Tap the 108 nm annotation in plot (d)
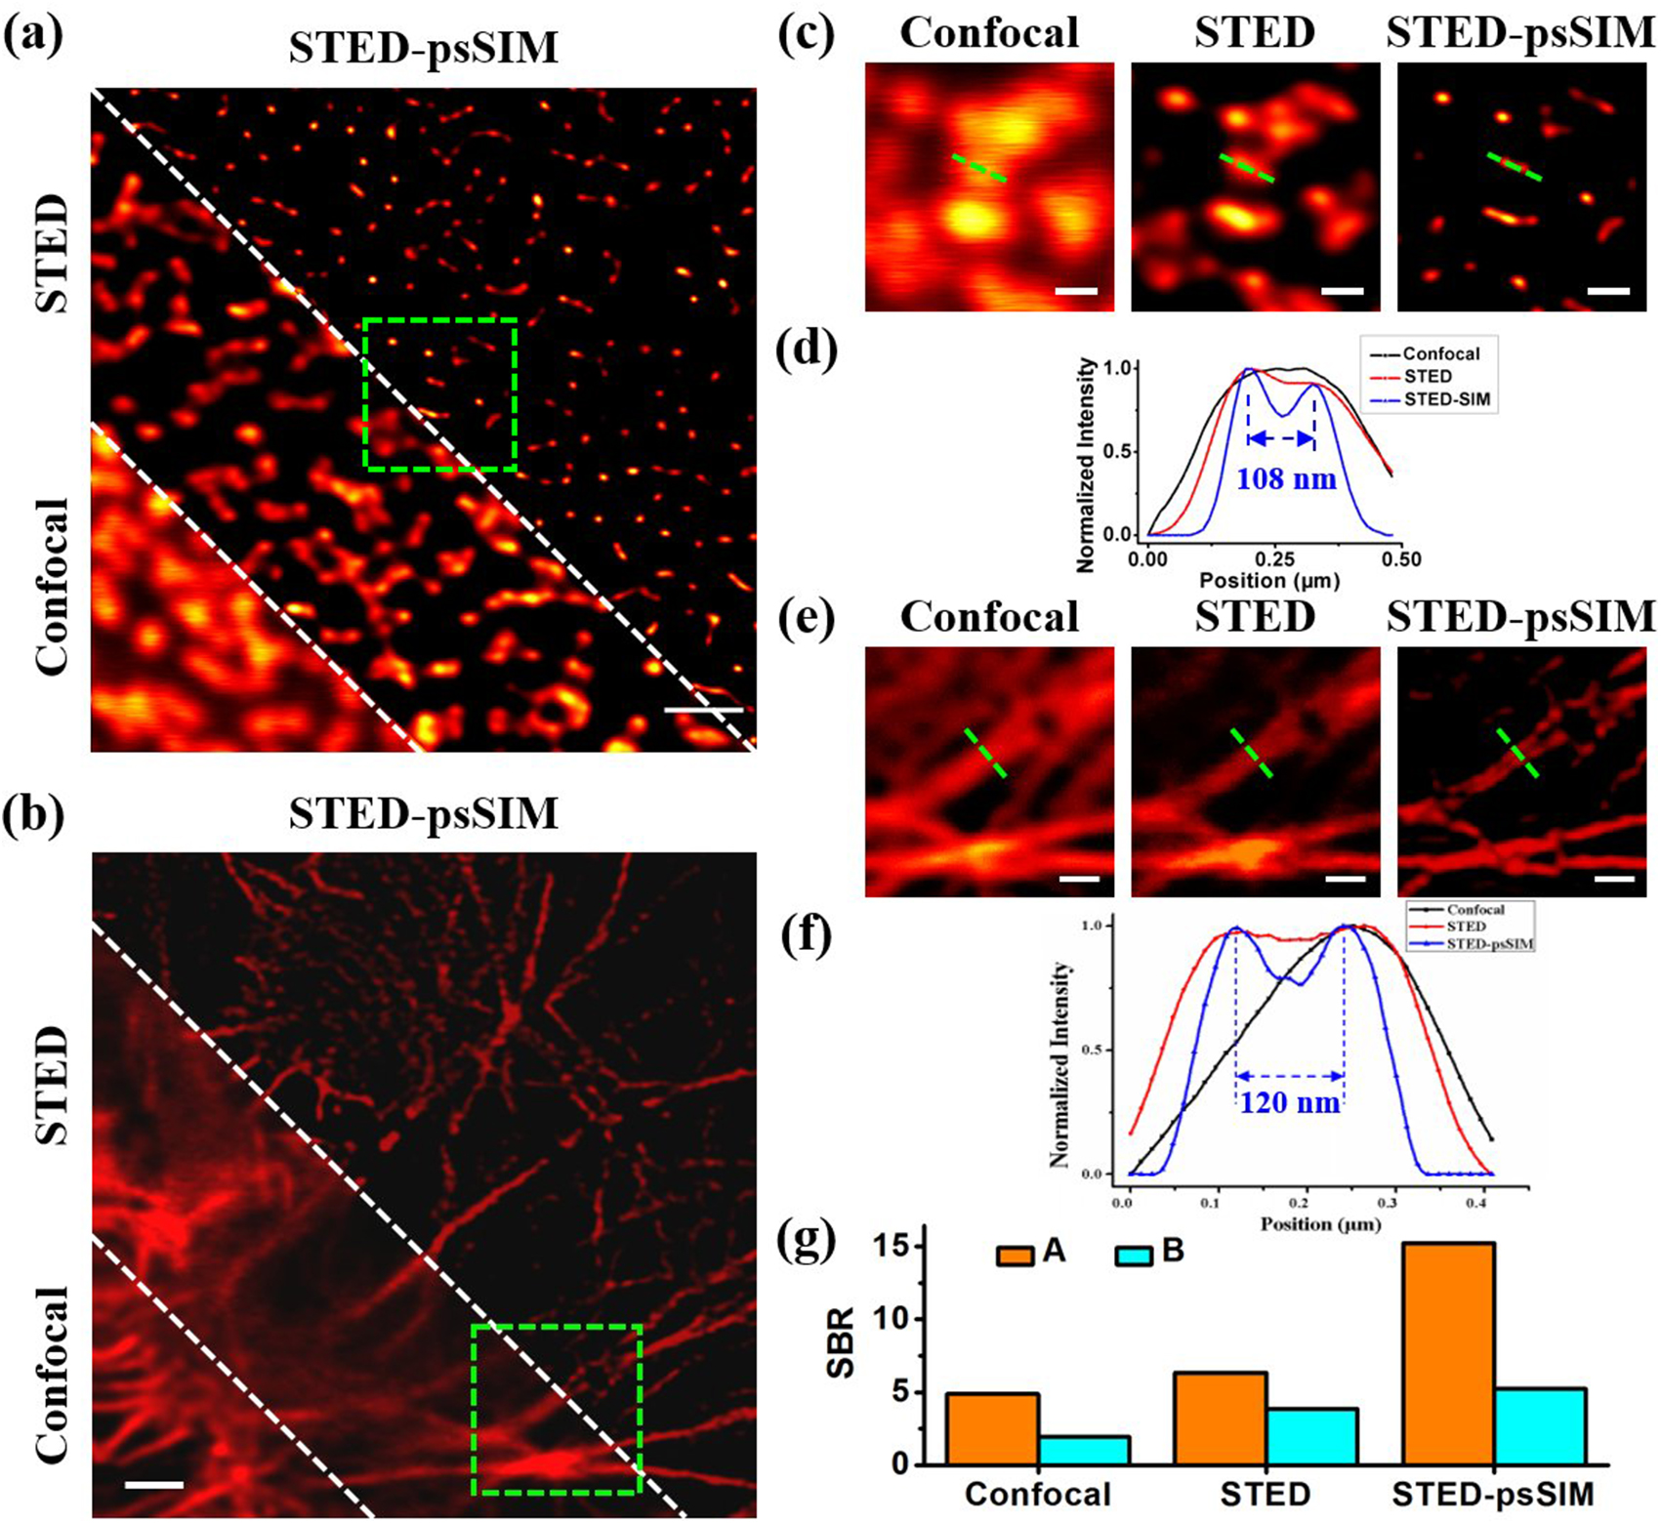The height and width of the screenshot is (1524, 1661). point(1285,479)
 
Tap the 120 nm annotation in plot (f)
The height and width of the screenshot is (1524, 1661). point(1289,1103)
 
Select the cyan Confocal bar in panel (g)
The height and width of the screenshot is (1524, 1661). point(1084,1450)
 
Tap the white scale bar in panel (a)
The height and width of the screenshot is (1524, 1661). point(703,710)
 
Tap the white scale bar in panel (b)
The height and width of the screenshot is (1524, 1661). point(154,1485)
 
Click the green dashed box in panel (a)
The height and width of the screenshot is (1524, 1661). point(439,319)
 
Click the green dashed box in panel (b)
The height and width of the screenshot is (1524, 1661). point(557,1327)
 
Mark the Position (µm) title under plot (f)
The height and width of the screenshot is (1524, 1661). point(1320,1223)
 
